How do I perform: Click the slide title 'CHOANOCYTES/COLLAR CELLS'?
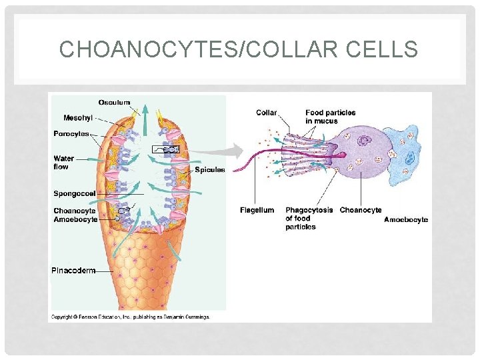[x=239, y=50]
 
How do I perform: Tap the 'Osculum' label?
[x=114, y=102]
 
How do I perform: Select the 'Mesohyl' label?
[x=77, y=118]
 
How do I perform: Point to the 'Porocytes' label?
[x=71, y=134]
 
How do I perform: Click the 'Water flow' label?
[x=63, y=163]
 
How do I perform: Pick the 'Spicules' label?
[x=210, y=170]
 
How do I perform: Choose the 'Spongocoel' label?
[x=75, y=193]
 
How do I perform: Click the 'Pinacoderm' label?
[x=73, y=271]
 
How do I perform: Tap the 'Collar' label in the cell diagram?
[x=267, y=113]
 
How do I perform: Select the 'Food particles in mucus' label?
[x=330, y=117]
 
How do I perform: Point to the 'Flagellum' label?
[x=257, y=210]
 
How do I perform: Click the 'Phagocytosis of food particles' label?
[x=309, y=218]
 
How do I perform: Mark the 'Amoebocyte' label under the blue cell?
[x=406, y=219]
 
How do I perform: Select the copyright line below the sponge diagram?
[x=131, y=317]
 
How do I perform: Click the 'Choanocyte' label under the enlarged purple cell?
[x=361, y=210]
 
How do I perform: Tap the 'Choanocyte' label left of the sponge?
[x=75, y=211]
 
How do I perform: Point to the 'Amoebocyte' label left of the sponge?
[x=75, y=219]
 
